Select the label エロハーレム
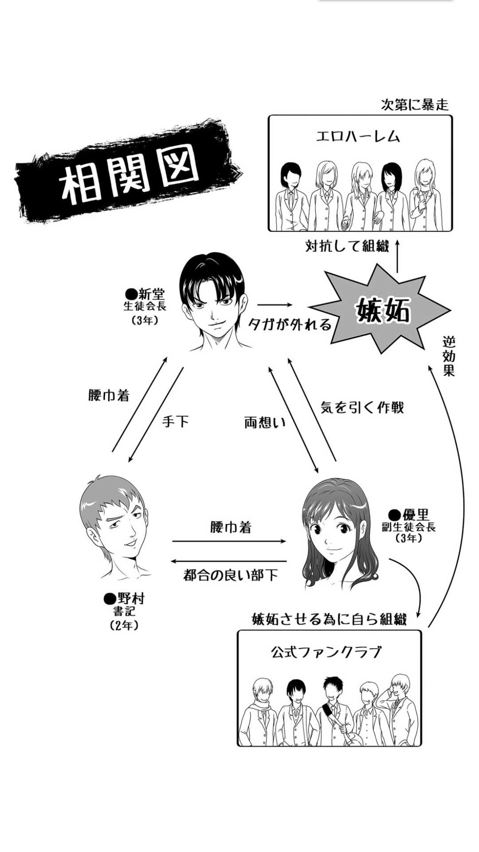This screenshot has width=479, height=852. (x=358, y=136)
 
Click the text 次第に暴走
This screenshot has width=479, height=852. (x=415, y=105)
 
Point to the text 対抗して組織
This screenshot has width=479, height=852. (x=347, y=246)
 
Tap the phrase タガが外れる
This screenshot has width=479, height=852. (x=290, y=325)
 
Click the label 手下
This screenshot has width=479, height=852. (x=176, y=421)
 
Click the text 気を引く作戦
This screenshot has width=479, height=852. (x=362, y=407)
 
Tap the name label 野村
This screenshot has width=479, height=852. (x=125, y=599)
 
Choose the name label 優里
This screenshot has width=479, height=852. (x=409, y=515)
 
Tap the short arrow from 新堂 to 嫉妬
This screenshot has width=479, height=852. (x=275, y=305)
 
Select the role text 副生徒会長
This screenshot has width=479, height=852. (x=408, y=527)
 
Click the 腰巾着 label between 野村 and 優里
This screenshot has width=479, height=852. (x=231, y=528)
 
